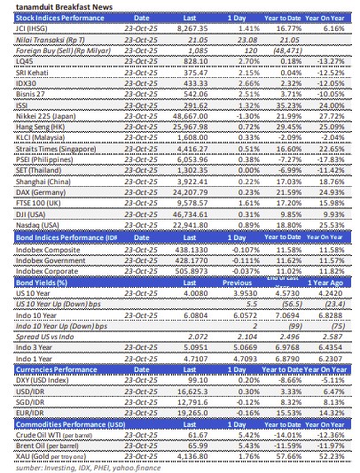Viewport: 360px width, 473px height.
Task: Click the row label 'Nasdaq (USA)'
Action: pyautogui.click(x=36, y=252)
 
